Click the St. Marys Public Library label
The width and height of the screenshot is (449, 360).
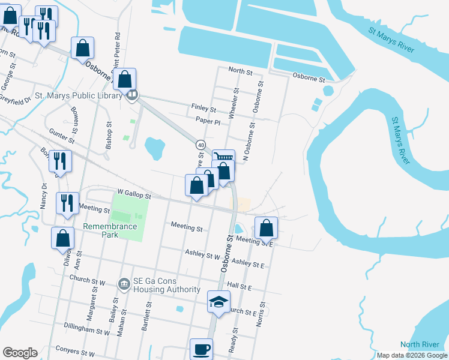(x=78, y=95)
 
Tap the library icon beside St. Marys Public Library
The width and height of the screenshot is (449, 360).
(x=132, y=95)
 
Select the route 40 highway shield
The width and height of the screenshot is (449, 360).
(x=200, y=145)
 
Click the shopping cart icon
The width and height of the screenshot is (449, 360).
(x=223, y=158)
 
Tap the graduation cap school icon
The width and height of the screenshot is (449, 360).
(x=218, y=301)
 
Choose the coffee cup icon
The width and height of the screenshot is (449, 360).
(x=201, y=349)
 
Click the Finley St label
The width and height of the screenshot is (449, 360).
(x=203, y=109)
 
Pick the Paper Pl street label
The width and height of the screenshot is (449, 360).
(x=208, y=121)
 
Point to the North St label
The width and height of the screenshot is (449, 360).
(x=240, y=71)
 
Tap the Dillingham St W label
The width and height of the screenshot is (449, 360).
(x=90, y=330)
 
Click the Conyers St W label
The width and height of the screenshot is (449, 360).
(x=74, y=353)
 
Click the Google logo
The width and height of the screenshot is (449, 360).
(x=20, y=353)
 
